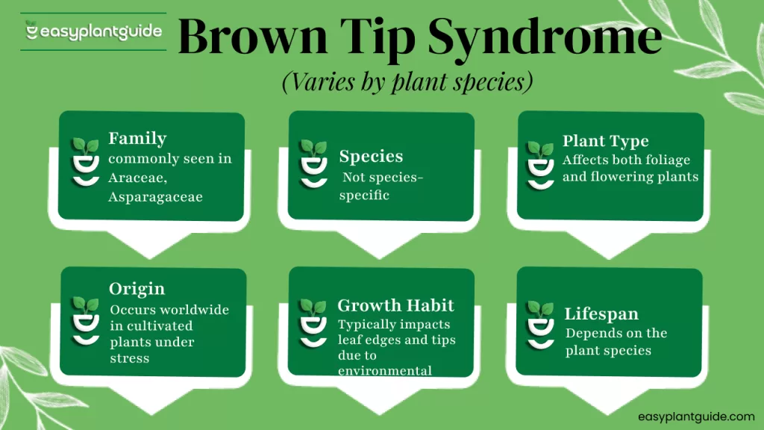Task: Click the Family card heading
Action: tap(137, 139)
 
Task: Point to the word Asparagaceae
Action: tap(155, 197)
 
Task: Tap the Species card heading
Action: tap(371, 157)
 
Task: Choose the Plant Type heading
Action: tap(605, 141)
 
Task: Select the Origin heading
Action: tap(137, 289)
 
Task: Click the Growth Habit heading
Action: tap(395, 305)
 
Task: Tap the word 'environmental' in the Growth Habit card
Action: tap(385, 370)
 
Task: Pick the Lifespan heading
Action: tap(601, 314)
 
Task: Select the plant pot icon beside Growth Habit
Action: tap(312, 323)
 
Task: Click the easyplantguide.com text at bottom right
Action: tap(696, 417)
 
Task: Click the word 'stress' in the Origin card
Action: tap(129, 358)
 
